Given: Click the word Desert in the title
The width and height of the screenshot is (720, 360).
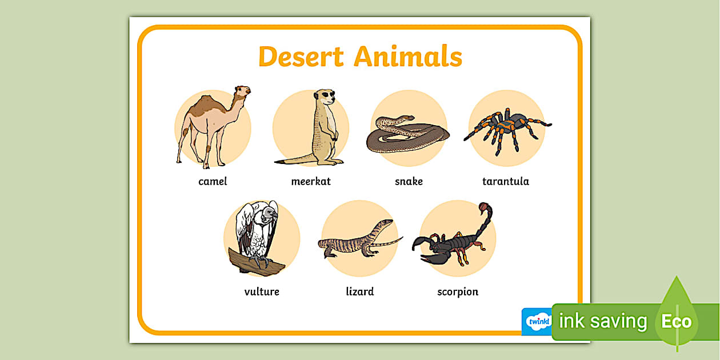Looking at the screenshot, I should click(301, 57).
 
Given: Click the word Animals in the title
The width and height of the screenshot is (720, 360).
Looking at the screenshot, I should click(407, 57).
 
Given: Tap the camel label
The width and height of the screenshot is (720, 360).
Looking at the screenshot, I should click(213, 182).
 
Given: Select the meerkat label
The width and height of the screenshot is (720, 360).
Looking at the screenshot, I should click(311, 182).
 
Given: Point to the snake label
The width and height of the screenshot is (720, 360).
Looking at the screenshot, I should click(409, 182).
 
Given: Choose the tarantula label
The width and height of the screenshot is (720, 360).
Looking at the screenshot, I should click(506, 182).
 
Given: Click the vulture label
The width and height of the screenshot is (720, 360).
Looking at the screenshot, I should click(262, 292).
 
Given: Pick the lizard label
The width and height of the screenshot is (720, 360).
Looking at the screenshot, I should click(360, 292).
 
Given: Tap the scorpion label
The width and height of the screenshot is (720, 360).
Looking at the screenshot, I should click(458, 292).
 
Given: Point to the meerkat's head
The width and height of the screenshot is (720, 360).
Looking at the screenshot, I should click(325, 97).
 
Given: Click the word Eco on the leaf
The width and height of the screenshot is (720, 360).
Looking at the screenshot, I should click(676, 322).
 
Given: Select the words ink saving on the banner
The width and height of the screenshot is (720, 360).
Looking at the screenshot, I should click(603, 322).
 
